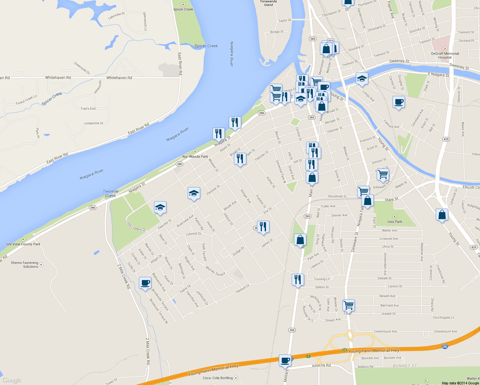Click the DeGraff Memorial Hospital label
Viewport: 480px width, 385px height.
click(x=445, y=56)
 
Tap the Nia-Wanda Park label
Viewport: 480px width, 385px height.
click(x=195, y=157)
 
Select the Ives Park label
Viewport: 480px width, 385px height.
click(x=395, y=222)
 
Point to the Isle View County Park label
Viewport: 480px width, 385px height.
click(x=23, y=244)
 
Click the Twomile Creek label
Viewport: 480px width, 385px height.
click(x=110, y=193)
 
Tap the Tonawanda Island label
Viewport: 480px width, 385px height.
click(x=268, y=3)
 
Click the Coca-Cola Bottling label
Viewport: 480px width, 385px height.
click(x=218, y=378)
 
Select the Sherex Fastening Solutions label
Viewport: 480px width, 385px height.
click(x=24, y=265)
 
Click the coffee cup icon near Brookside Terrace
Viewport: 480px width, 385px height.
click(x=145, y=283)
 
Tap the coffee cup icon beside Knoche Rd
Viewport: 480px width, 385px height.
click(x=285, y=360)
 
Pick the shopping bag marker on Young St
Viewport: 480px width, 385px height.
click(x=442, y=215)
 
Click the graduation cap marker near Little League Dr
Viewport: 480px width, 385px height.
click(x=160, y=208)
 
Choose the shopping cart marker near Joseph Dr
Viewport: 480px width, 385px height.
click(x=348, y=305)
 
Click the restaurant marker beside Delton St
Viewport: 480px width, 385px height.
click(x=298, y=280)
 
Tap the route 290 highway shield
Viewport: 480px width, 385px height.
click(x=444, y=347)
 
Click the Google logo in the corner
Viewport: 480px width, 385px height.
click(x=12, y=380)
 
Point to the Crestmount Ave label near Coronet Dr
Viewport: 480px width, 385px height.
click(x=445, y=331)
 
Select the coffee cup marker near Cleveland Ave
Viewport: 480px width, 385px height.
click(x=399, y=102)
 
